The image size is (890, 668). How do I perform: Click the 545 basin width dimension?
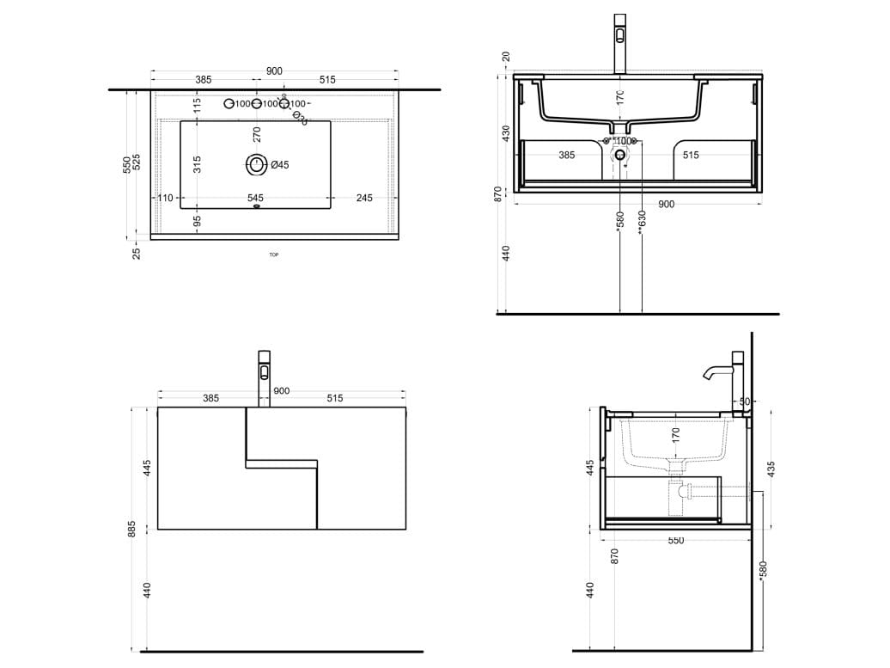pyautogui.click(x=255, y=198)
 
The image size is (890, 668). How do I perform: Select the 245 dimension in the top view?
pyautogui.click(x=364, y=198)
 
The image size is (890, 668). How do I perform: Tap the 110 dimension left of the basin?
pyautogui.click(x=166, y=198)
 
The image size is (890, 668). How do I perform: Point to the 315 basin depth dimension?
pyautogui.click(x=197, y=164)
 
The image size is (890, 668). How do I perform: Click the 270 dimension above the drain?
pyautogui.click(x=256, y=134)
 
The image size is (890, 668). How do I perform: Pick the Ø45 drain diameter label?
pyautogui.click(x=280, y=164)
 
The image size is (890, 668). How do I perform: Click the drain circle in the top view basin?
pyautogui.click(x=256, y=163)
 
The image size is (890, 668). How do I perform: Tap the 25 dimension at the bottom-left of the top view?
pyautogui.click(x=137, y=252)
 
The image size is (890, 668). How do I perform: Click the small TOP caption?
pyautogui.click(x=274, y=254)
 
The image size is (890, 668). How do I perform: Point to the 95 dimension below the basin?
pyautogui.click(x=197, y=221)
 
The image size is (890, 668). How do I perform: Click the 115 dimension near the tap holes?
pyautogui.click(x=197, y=105)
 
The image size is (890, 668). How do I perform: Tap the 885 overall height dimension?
pyautogui.click(x=131, y=529)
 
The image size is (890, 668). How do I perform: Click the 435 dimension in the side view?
pyautogui.click(x=771, y=469)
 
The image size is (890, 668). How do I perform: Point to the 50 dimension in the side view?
pyautogui.click(x=744, y=401)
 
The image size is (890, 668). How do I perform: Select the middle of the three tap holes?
pyautogui.click(x=256, y=104)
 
